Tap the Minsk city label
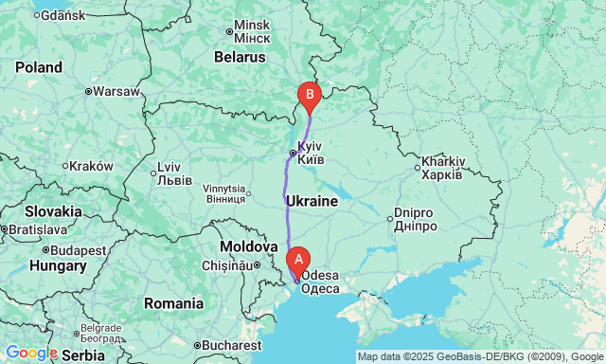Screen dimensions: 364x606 pos(251,30)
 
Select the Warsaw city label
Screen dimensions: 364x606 pos(116,92)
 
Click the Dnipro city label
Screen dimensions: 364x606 pos(415,220)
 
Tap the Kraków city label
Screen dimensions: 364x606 pos(91,166)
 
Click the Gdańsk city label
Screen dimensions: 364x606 pos(63,17)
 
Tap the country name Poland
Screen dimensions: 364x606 pos(38,67)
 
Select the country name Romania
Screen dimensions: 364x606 pos(173,303)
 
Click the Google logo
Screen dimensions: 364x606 pos(31,353)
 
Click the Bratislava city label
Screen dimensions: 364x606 pos(34,229)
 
